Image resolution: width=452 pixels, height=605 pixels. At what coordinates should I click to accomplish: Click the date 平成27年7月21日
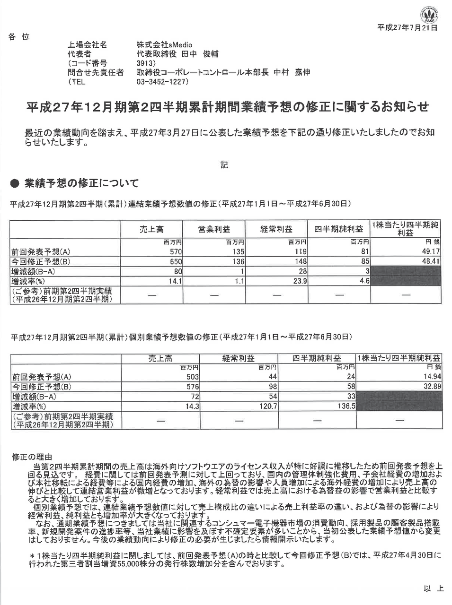coord(407,28)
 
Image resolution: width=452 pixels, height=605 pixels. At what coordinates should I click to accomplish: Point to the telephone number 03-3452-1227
coord(162,82)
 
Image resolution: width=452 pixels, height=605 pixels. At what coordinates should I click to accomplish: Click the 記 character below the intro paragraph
coord(224,165)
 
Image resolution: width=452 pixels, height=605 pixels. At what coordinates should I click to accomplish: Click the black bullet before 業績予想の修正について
coord(14,183)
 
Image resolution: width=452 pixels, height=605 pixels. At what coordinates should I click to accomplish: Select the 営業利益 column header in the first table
coord(213,229)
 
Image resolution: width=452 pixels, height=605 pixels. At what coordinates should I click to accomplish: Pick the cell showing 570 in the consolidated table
coord(176,252)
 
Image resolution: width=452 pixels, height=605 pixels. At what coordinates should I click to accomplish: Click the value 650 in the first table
coord(176,261)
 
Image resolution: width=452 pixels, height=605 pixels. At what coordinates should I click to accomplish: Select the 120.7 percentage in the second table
coord(267,406)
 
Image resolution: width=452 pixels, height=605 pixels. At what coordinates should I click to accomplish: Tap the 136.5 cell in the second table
coord(346,406)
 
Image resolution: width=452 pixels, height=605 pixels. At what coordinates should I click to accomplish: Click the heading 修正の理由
coord(31,457)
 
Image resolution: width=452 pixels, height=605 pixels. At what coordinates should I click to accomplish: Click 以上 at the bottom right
coord(434,588)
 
